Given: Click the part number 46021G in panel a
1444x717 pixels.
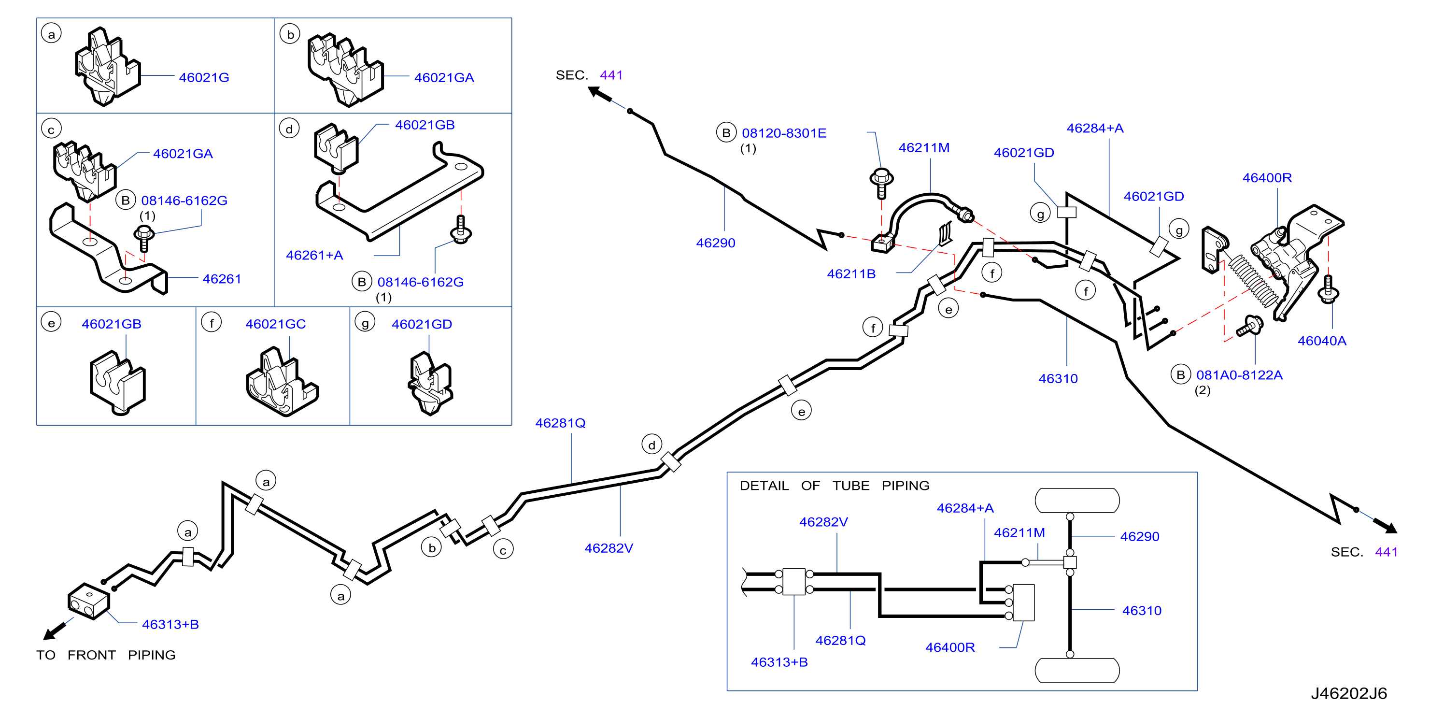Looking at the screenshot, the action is tap(203, 77).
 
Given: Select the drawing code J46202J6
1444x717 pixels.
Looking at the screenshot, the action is tap(1349, 693).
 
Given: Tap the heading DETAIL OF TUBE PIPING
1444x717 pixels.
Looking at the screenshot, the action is tap(834, 486).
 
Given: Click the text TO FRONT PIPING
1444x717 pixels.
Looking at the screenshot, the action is tap(106, 655).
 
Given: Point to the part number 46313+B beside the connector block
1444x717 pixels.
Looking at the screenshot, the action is tap(170, 624).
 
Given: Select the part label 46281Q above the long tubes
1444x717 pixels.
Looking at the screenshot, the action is tap(560, 423).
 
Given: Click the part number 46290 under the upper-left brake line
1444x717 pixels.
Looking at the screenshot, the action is tap(715, 243).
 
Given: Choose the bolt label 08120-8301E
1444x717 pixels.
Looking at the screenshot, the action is tap(784, 133).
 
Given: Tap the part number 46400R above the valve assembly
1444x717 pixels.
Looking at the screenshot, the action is tap(1267, 178).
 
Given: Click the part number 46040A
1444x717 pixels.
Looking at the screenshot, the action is tap(1321, 340).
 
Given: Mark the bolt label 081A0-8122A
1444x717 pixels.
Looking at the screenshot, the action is tap(1239, 374).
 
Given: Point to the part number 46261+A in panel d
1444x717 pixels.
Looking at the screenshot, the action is tap(314, 255).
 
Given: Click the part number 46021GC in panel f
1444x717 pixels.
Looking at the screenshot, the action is tap(275, 324).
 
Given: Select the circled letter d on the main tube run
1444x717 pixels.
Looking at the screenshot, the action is tap(651, 445).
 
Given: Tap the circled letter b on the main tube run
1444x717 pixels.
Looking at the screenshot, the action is tap(432, 548).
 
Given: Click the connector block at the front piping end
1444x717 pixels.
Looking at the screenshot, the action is tap(88, 601).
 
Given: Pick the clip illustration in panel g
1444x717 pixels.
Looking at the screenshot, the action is tap(430, 384).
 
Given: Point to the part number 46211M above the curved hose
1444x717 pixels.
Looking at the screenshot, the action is tap(924, 147).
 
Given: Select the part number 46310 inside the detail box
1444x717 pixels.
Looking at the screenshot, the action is tap(1141, 611).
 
